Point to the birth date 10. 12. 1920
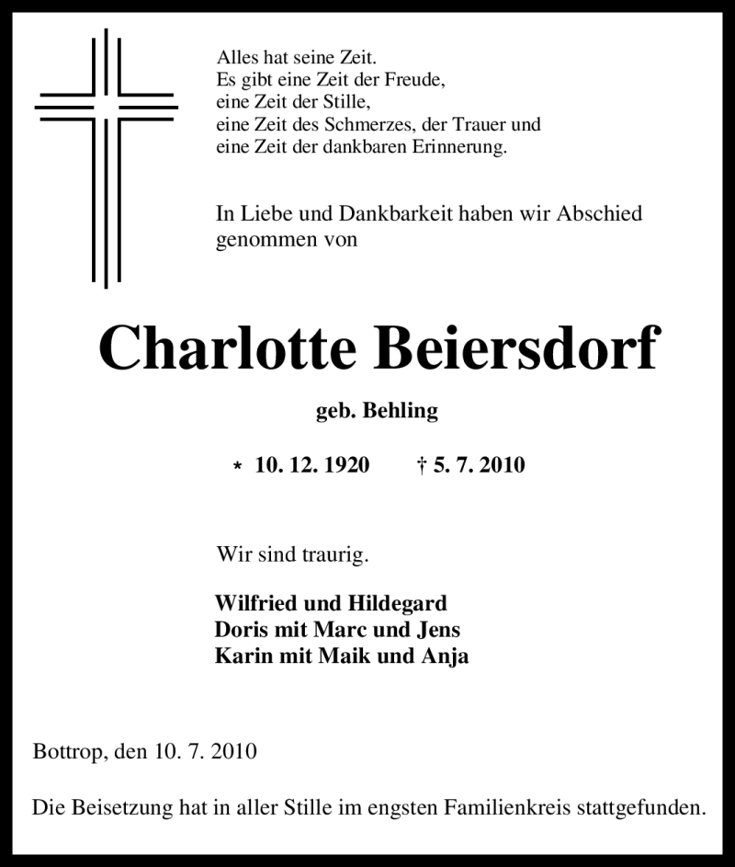pos(312,465)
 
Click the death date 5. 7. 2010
pos(479,465)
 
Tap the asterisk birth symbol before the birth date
pos(238,467)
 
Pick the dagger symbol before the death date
pos(422,465)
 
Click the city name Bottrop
pos(69,752)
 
